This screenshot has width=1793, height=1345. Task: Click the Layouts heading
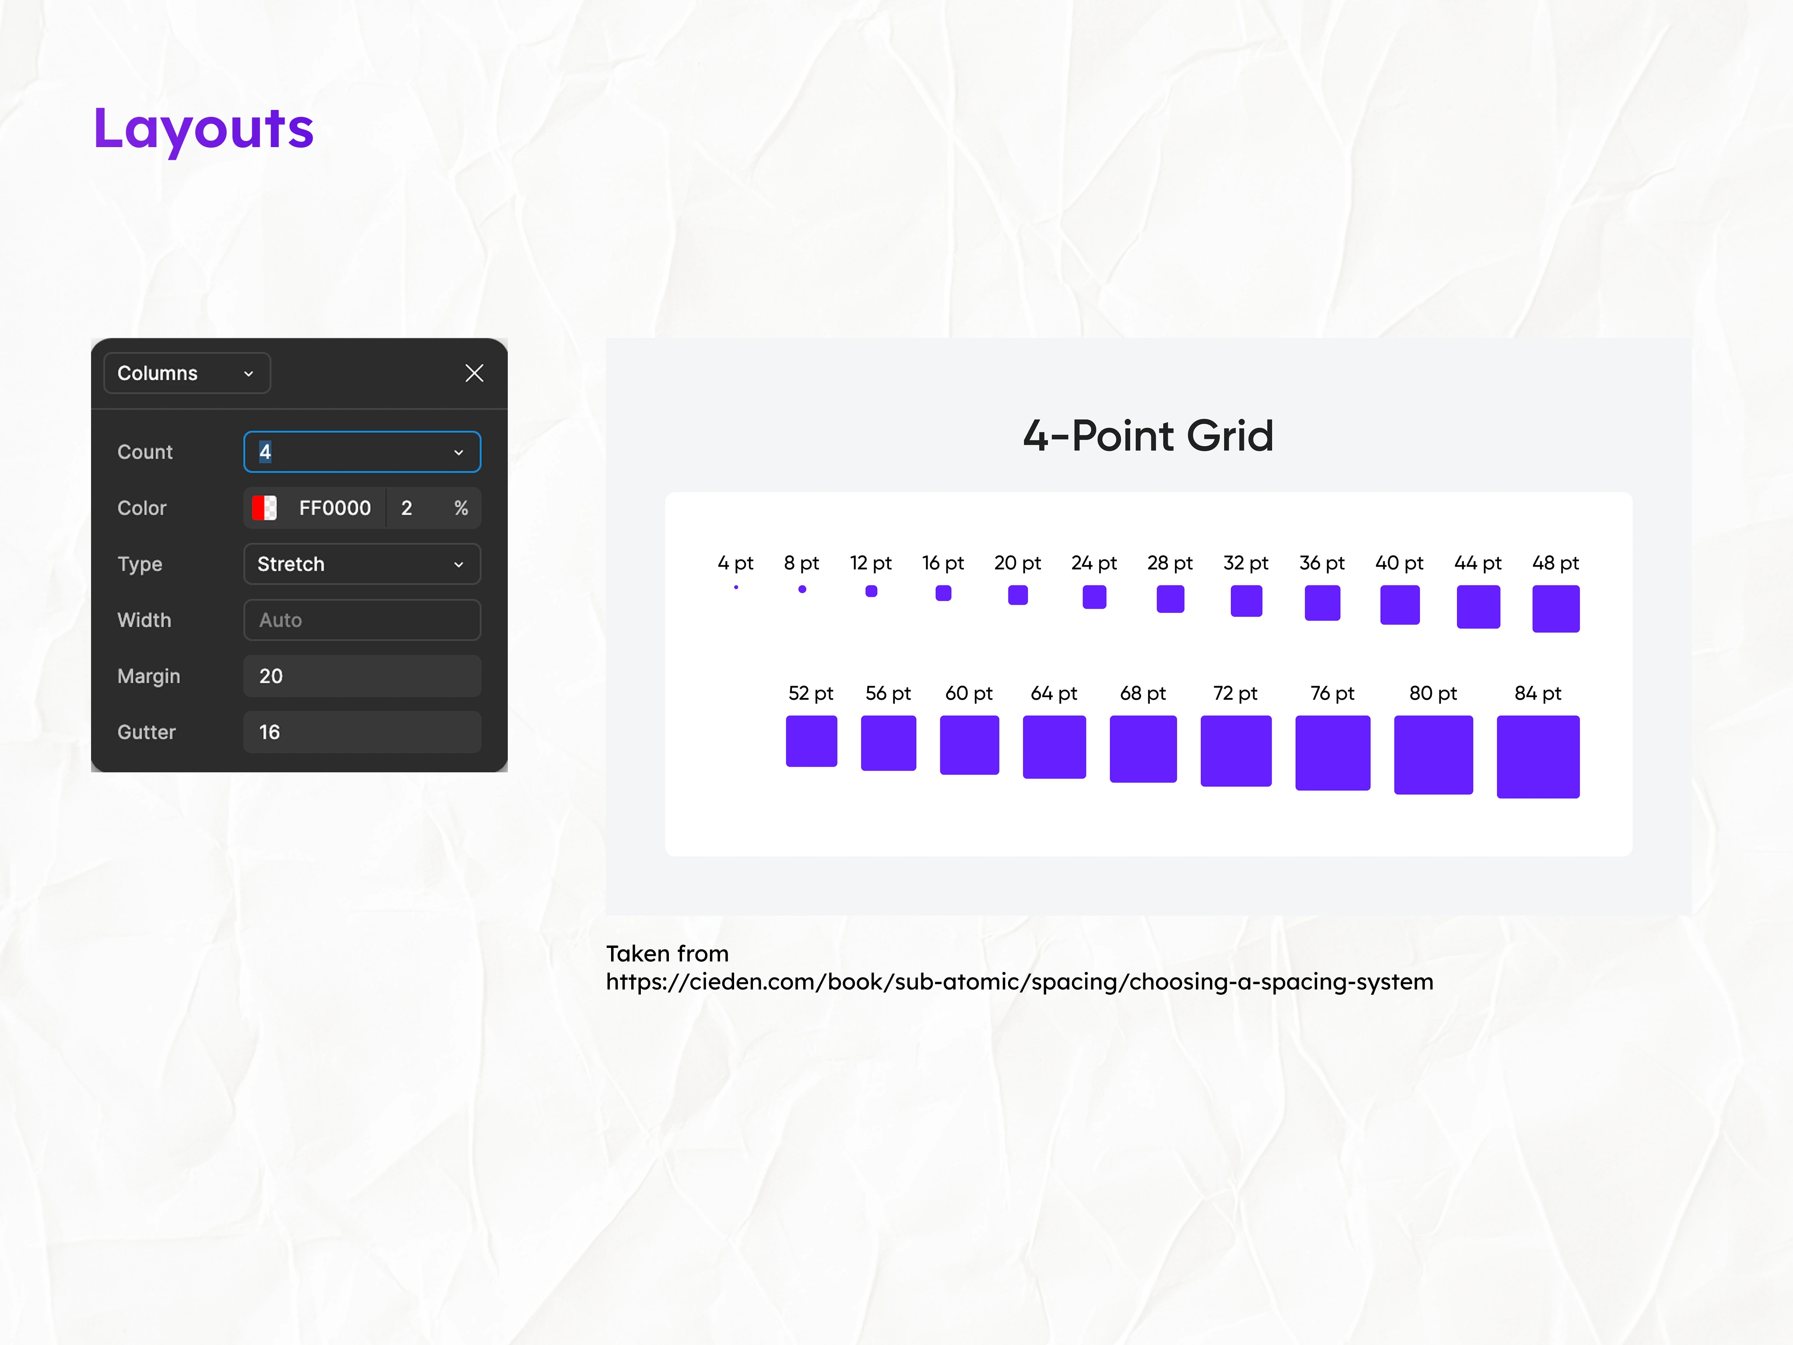204,129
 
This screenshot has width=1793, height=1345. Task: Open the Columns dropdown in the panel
187,373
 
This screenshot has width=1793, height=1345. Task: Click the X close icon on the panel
474,373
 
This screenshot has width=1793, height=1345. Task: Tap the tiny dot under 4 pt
736,587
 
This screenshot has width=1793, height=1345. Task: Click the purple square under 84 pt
1538,757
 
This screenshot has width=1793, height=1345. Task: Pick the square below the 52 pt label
812,741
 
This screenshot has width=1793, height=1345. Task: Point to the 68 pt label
1143,693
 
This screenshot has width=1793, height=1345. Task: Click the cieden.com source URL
1020,982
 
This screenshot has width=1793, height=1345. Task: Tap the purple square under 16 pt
943,593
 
